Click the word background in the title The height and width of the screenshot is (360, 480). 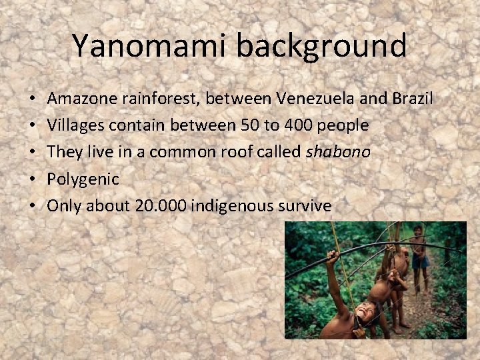321,46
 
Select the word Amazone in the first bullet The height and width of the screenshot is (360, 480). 82,99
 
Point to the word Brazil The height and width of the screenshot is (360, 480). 411,99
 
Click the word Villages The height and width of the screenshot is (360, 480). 73,125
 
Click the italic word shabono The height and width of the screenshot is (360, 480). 338,152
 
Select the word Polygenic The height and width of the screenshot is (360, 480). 83,179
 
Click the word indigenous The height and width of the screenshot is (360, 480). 235,206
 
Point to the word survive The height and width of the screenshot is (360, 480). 307,206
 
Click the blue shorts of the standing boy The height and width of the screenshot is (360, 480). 420,262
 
